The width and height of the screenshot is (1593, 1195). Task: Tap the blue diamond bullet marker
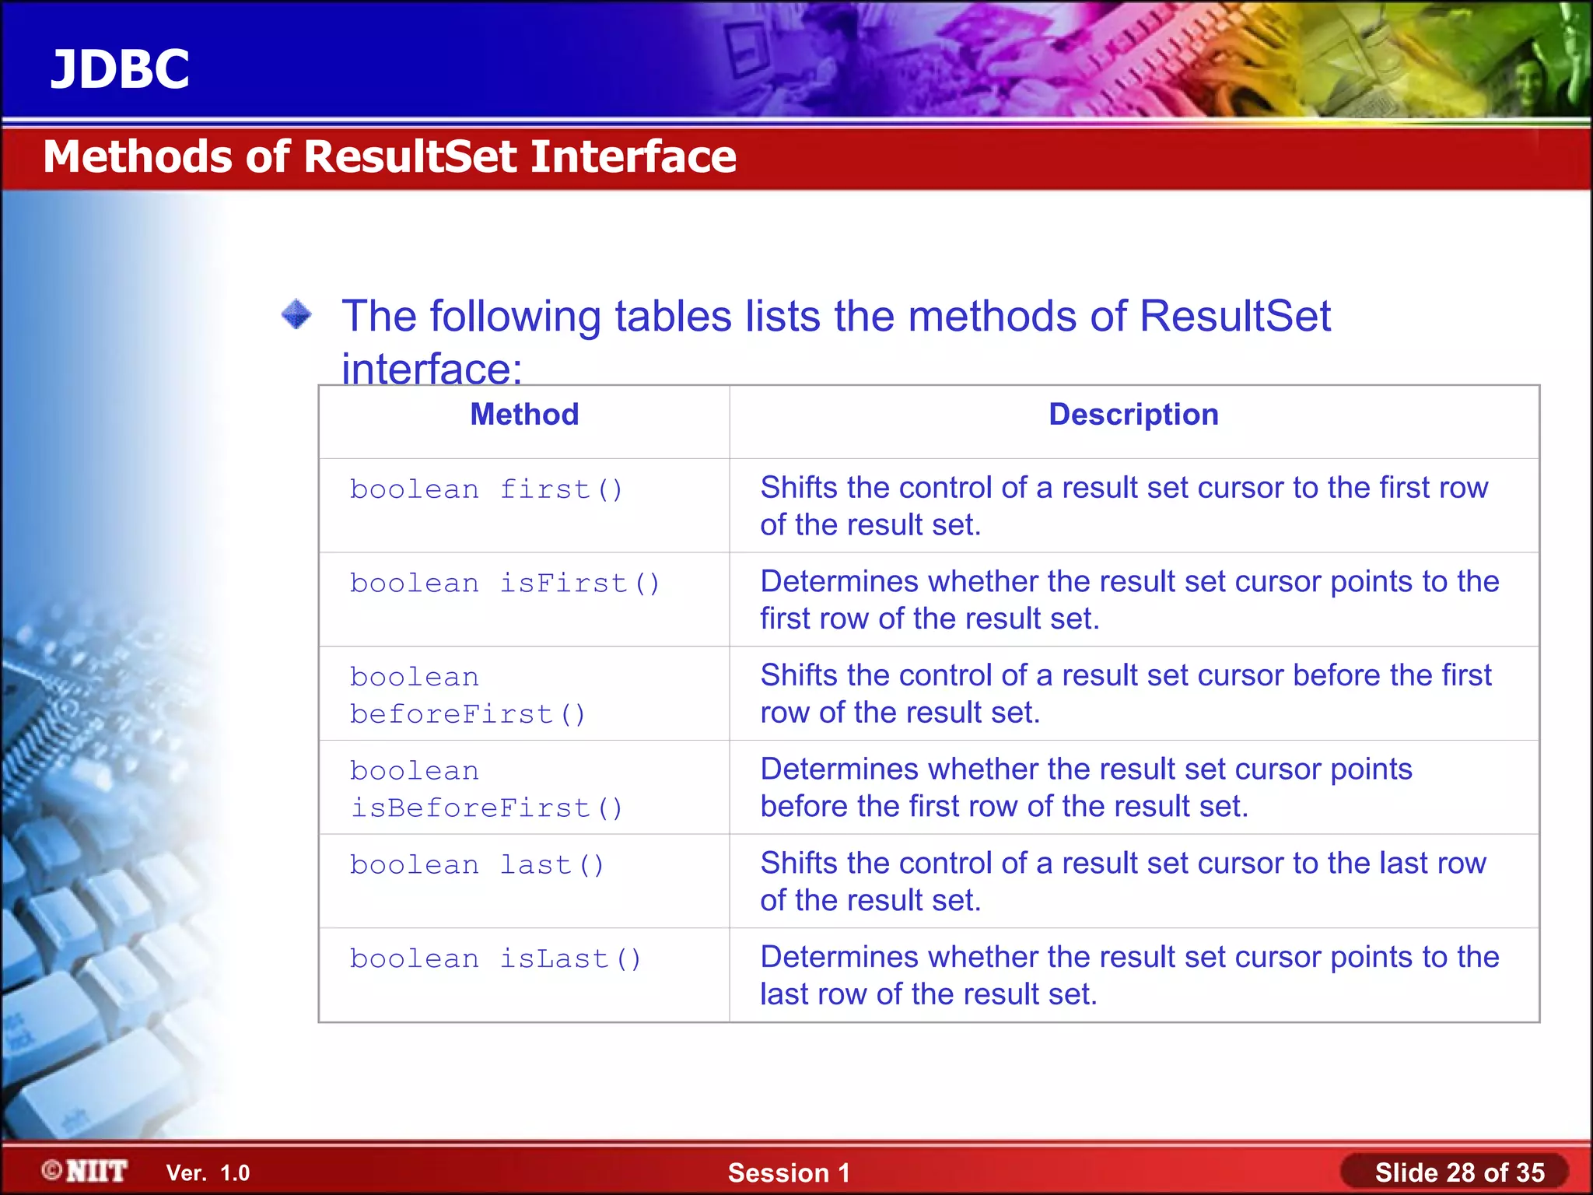296,315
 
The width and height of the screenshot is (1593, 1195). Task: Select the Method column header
524,415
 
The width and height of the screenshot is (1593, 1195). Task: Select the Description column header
1133,415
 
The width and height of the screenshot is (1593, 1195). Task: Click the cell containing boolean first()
486,490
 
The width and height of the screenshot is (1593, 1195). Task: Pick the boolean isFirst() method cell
505,583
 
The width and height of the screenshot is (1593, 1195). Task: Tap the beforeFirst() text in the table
467,714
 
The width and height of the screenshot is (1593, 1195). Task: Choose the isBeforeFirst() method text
486,808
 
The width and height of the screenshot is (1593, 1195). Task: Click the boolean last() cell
477,865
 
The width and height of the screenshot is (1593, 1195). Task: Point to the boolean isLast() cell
495,959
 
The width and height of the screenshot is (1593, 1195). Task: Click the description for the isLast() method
1129,976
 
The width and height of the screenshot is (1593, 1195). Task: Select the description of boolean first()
1124,506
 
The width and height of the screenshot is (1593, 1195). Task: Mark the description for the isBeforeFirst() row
1086,787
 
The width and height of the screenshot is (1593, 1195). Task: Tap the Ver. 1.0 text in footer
208,1173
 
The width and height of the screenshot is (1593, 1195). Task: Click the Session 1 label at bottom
789,1173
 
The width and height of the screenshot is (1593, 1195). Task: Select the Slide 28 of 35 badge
1458,1172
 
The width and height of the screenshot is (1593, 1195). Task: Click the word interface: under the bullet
432,369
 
